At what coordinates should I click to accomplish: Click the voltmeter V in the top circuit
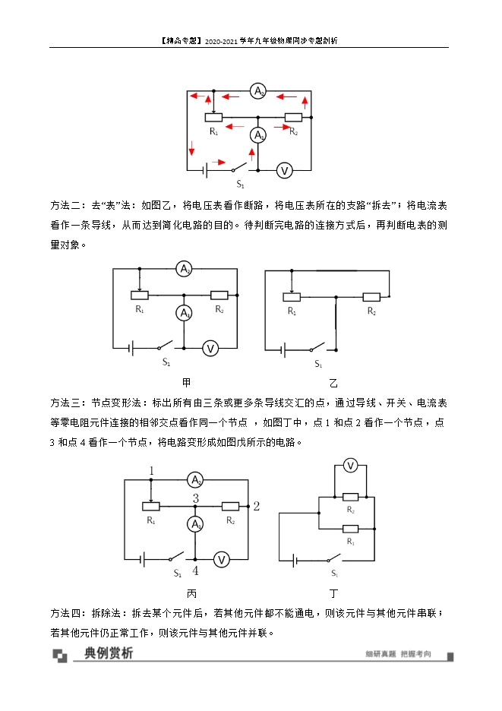pos(284,170)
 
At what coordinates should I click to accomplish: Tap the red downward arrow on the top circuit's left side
pos(191,147)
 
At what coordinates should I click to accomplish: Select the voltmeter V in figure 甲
pos(211,348)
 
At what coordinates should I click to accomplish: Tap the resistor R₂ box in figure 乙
pos(371,297)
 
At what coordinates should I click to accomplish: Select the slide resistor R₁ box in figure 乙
pos(292,297)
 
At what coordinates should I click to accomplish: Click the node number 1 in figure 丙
pos(152,472)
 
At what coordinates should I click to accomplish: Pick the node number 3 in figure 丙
pos(196,498)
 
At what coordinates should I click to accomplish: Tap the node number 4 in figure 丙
pos(195,571)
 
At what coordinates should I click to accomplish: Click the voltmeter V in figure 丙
pos(221,560)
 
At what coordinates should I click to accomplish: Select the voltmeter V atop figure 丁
pos(350,466)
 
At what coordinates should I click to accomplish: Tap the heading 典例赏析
pos(109,653)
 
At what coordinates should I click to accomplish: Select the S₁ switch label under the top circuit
pos(240,185)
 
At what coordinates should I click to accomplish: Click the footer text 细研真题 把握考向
pos(398,654)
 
